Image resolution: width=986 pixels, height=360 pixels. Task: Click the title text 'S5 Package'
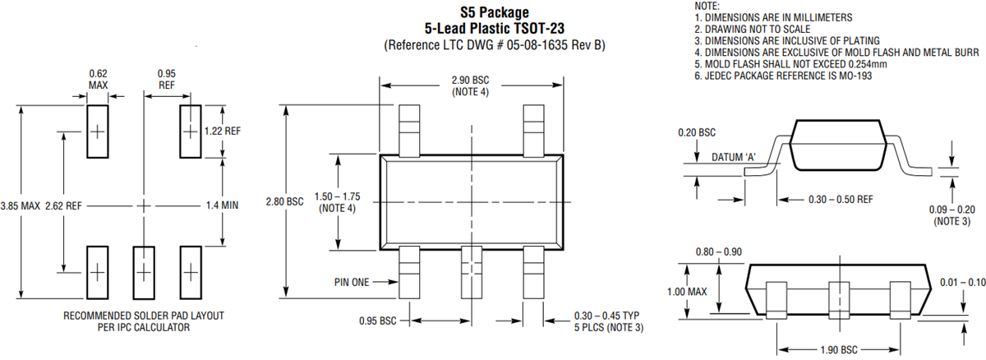(494, 12)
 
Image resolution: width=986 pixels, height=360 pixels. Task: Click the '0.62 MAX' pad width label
(98, 79)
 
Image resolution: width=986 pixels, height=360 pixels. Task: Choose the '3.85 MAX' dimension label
(20, 205)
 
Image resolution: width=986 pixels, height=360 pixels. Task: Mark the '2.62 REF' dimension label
(63, 205)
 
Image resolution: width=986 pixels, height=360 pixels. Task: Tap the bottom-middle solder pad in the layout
(144, 272)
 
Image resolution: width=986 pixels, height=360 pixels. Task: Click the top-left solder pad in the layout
(98, 131)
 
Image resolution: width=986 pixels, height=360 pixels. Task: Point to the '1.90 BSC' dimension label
(836, 349)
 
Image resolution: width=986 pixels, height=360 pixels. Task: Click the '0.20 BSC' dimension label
(696, 132)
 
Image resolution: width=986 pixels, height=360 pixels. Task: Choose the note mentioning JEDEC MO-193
(783, 76)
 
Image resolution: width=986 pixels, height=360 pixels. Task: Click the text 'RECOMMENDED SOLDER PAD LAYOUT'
(143, 316)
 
